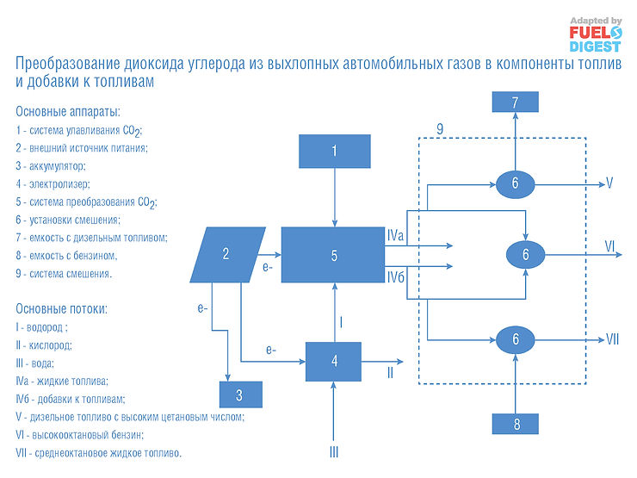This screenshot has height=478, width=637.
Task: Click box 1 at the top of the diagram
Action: (335, 152)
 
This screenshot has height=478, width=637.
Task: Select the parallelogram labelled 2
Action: (226, 254)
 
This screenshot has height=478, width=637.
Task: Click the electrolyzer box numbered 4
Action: (335, 361)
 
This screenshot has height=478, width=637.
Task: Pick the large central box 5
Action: (335, 255)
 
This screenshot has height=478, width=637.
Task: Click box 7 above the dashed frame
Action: (515, 102)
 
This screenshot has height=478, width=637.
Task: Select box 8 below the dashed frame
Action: (515, 424)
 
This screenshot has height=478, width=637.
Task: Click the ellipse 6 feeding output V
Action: (515, 183)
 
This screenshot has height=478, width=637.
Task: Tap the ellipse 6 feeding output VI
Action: (525, 254)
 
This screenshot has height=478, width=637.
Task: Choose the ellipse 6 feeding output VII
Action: (515, 338)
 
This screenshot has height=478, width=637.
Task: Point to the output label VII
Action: (612, 338)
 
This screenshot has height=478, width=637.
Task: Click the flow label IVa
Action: (396, 233)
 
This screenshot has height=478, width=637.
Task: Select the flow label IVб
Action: (396, 276)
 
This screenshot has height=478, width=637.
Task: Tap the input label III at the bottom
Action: (335, 451)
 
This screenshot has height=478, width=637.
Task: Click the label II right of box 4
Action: (391, 372)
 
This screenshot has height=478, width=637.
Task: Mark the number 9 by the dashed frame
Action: (440, 128)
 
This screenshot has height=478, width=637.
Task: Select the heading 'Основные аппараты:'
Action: (68, 112)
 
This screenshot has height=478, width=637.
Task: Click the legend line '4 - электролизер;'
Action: (53, 183)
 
